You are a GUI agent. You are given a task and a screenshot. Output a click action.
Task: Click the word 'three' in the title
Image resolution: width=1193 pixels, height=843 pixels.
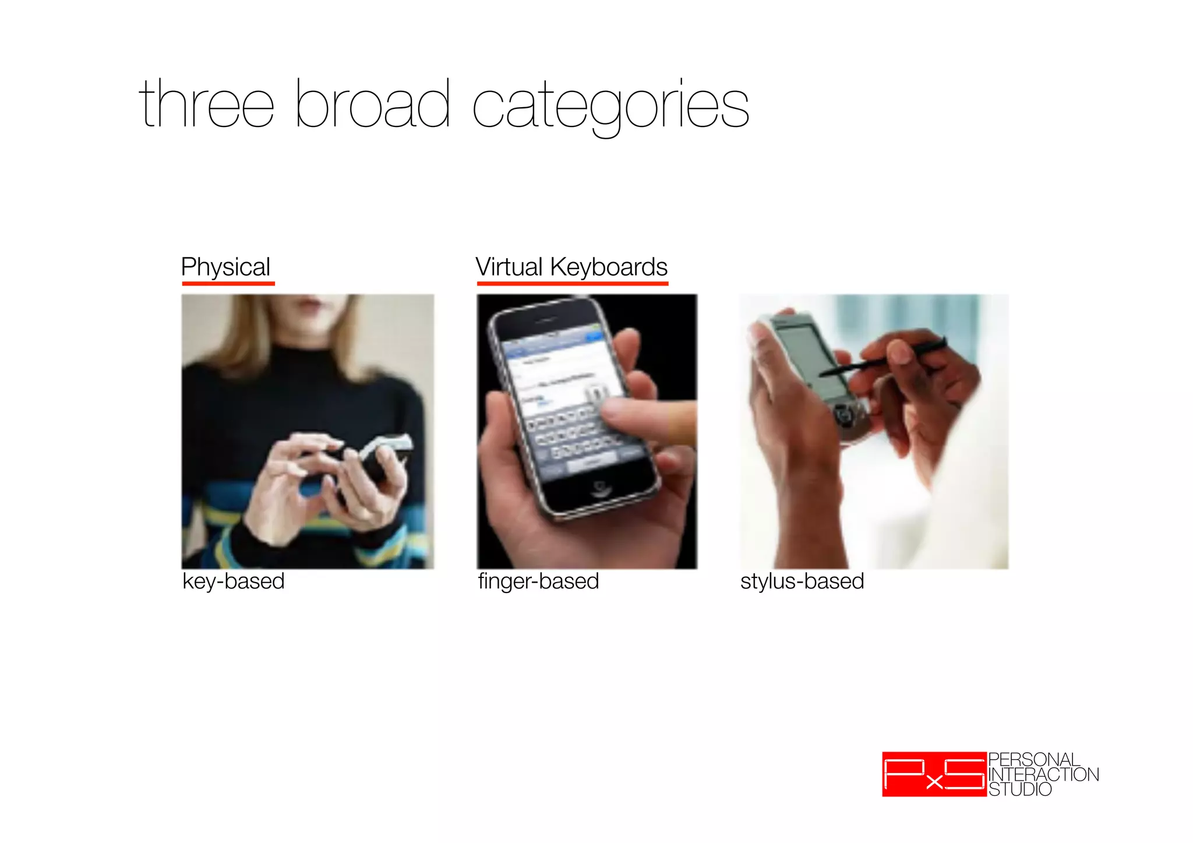coord(206,105)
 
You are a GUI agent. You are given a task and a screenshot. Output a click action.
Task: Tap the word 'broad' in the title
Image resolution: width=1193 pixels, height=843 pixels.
coord(372,105)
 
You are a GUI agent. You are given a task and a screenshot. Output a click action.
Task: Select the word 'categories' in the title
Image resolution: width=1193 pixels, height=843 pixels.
coord(610,108)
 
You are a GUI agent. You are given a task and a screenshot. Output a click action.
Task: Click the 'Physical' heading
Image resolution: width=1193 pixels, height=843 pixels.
coord(225,267)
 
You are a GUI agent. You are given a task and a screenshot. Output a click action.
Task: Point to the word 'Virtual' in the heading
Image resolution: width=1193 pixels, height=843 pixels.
coord(509,267)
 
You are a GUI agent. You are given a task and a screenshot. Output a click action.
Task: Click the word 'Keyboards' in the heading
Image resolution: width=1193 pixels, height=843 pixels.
coord(609,267)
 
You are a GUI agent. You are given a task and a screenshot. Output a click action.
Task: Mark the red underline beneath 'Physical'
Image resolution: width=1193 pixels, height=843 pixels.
coord(228,284)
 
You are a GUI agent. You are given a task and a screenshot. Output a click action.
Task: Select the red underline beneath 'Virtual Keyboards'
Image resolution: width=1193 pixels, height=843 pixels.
coord(572,284)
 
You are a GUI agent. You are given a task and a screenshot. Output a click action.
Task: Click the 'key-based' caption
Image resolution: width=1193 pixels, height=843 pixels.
coord(233,581)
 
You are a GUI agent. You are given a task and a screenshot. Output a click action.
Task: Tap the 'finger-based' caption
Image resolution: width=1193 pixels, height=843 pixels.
coord(538,581)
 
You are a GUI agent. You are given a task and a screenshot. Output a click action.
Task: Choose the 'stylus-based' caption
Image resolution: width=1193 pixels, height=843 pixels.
coord(802,581)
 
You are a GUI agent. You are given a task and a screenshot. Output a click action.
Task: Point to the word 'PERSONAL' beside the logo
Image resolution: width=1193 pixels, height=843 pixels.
coord(1034,760)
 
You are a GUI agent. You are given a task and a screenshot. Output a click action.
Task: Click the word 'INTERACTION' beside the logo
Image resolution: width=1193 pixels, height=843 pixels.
coord(1043,775)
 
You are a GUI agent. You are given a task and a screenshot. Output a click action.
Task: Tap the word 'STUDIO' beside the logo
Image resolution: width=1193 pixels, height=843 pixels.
coord(1020,789)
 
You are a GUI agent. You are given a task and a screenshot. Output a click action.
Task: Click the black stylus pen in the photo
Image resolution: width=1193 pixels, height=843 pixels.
coord(885,360)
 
